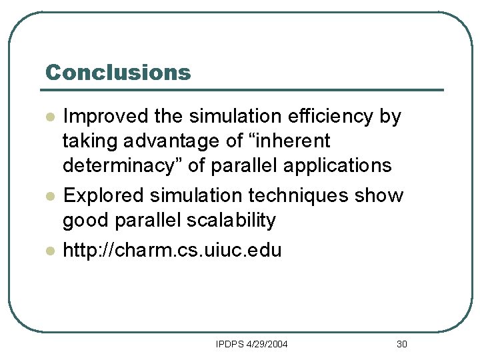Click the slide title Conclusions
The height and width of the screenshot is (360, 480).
tap(117, 72)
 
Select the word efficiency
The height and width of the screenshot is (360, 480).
tap(320, 117)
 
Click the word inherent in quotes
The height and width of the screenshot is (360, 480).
tap(293, 141)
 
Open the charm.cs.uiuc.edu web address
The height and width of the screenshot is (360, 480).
tap(171, 251)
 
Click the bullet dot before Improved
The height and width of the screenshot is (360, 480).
tap(49, 117)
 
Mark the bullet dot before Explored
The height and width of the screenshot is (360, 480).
tap(49, 196)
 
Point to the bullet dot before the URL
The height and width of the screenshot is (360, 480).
tap(49, 251)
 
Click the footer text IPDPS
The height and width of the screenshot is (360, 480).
tap(229, 345)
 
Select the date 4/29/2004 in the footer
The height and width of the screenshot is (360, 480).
tap(267, 345)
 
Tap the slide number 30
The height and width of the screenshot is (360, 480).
tap(401, 345)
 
